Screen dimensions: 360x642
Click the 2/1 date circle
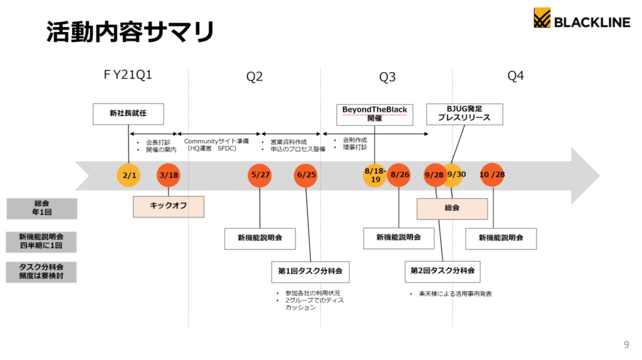pyautogui.click(x=129, y=175)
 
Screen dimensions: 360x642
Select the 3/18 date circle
pyautogui.click(x=168, y=175)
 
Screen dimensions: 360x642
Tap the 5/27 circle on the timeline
pyautogui.click(x=260, y=175)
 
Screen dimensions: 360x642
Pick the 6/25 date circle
pyautogui.click(x=306, y=175)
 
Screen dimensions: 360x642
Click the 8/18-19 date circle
pyautogui.click(x=375, y=175)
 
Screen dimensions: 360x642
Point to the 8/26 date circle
pyautogui.click(x=399, y=175)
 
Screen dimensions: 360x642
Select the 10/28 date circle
pyautogui.click(x=492, y=175)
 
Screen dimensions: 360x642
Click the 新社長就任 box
pyautogui.click(x=129, y=114)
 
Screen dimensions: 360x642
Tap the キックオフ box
pyautogui.click(x=169, y=206)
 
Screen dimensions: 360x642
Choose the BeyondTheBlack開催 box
pyautogui.click(x=374, y=114)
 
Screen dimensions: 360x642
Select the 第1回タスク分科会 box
pyautogui.click(x=310, y=272)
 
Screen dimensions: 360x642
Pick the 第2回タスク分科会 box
pyautogui.click(x=442, y=271)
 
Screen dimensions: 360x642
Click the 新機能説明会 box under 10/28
pyautogui.click(x=502, y=238)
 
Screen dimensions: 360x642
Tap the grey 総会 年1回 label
pyautogui.click(x=42, y=209)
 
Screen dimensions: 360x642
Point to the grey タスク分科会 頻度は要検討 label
pyautogui.click(x=42, y=272)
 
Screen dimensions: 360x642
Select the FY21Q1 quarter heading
pyautogui.click(x=128, y=75)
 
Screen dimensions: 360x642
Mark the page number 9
pyautogui.click(x=626, y=344)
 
